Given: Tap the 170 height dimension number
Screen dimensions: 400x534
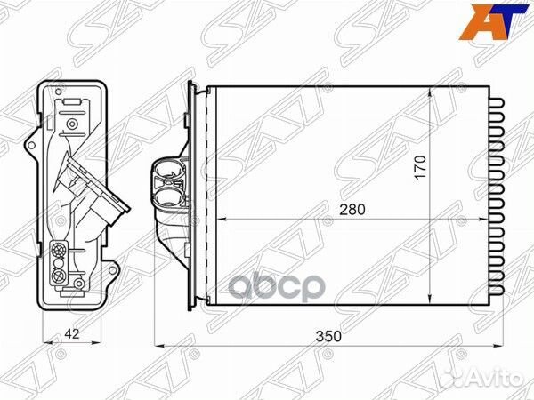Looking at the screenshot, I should point(420,166).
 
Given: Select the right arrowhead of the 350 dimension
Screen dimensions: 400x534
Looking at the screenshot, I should point(501,345).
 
